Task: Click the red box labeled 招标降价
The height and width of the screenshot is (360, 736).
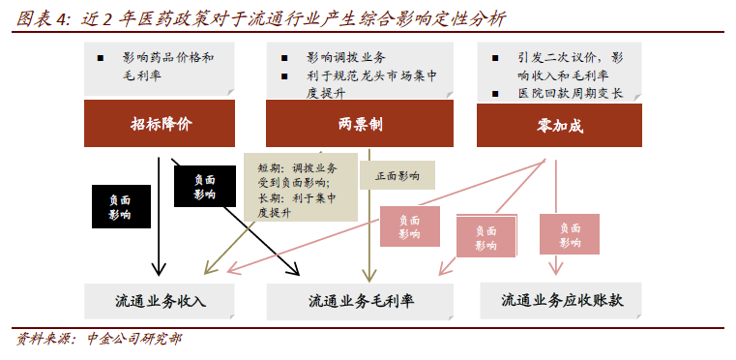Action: (160, 123)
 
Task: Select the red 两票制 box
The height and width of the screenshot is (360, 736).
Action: (360, 123)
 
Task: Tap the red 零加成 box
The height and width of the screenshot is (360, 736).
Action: (559, 125)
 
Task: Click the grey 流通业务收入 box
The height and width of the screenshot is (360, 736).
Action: (160, 301)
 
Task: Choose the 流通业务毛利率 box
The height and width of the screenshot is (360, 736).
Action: (360, 301)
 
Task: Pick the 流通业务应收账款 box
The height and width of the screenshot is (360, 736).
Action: (561, 300)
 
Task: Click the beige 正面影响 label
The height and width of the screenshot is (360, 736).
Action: (397, 175)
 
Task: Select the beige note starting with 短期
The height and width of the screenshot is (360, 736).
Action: (301, 187)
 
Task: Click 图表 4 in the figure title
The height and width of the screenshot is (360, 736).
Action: (42, 19)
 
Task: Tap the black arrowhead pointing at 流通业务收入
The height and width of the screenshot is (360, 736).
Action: (159, 269)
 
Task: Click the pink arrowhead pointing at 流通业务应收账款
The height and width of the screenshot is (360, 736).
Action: (556, 269)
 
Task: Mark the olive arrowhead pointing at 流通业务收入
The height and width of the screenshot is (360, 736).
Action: (210, 267)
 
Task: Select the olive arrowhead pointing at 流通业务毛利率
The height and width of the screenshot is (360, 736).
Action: (369, 275)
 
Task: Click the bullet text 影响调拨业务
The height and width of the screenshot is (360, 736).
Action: (346, 58)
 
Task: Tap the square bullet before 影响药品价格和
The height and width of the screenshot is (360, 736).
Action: (100, 58)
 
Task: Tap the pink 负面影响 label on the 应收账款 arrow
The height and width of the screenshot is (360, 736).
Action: (570, 234)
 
